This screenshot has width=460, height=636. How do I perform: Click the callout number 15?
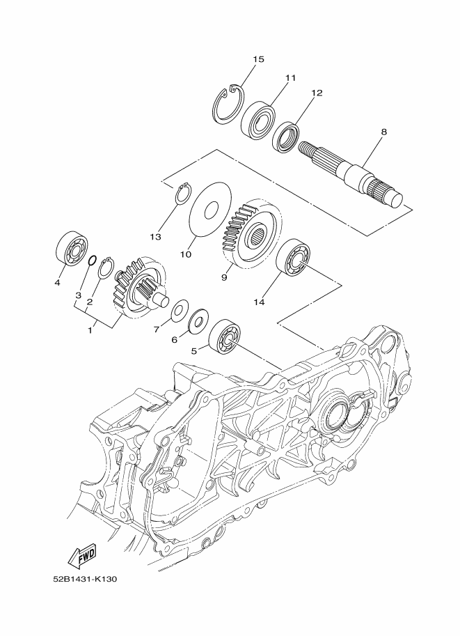(258, 60)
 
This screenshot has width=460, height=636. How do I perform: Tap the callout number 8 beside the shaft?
(384, 132)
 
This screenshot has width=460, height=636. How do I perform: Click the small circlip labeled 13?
(185, 194)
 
